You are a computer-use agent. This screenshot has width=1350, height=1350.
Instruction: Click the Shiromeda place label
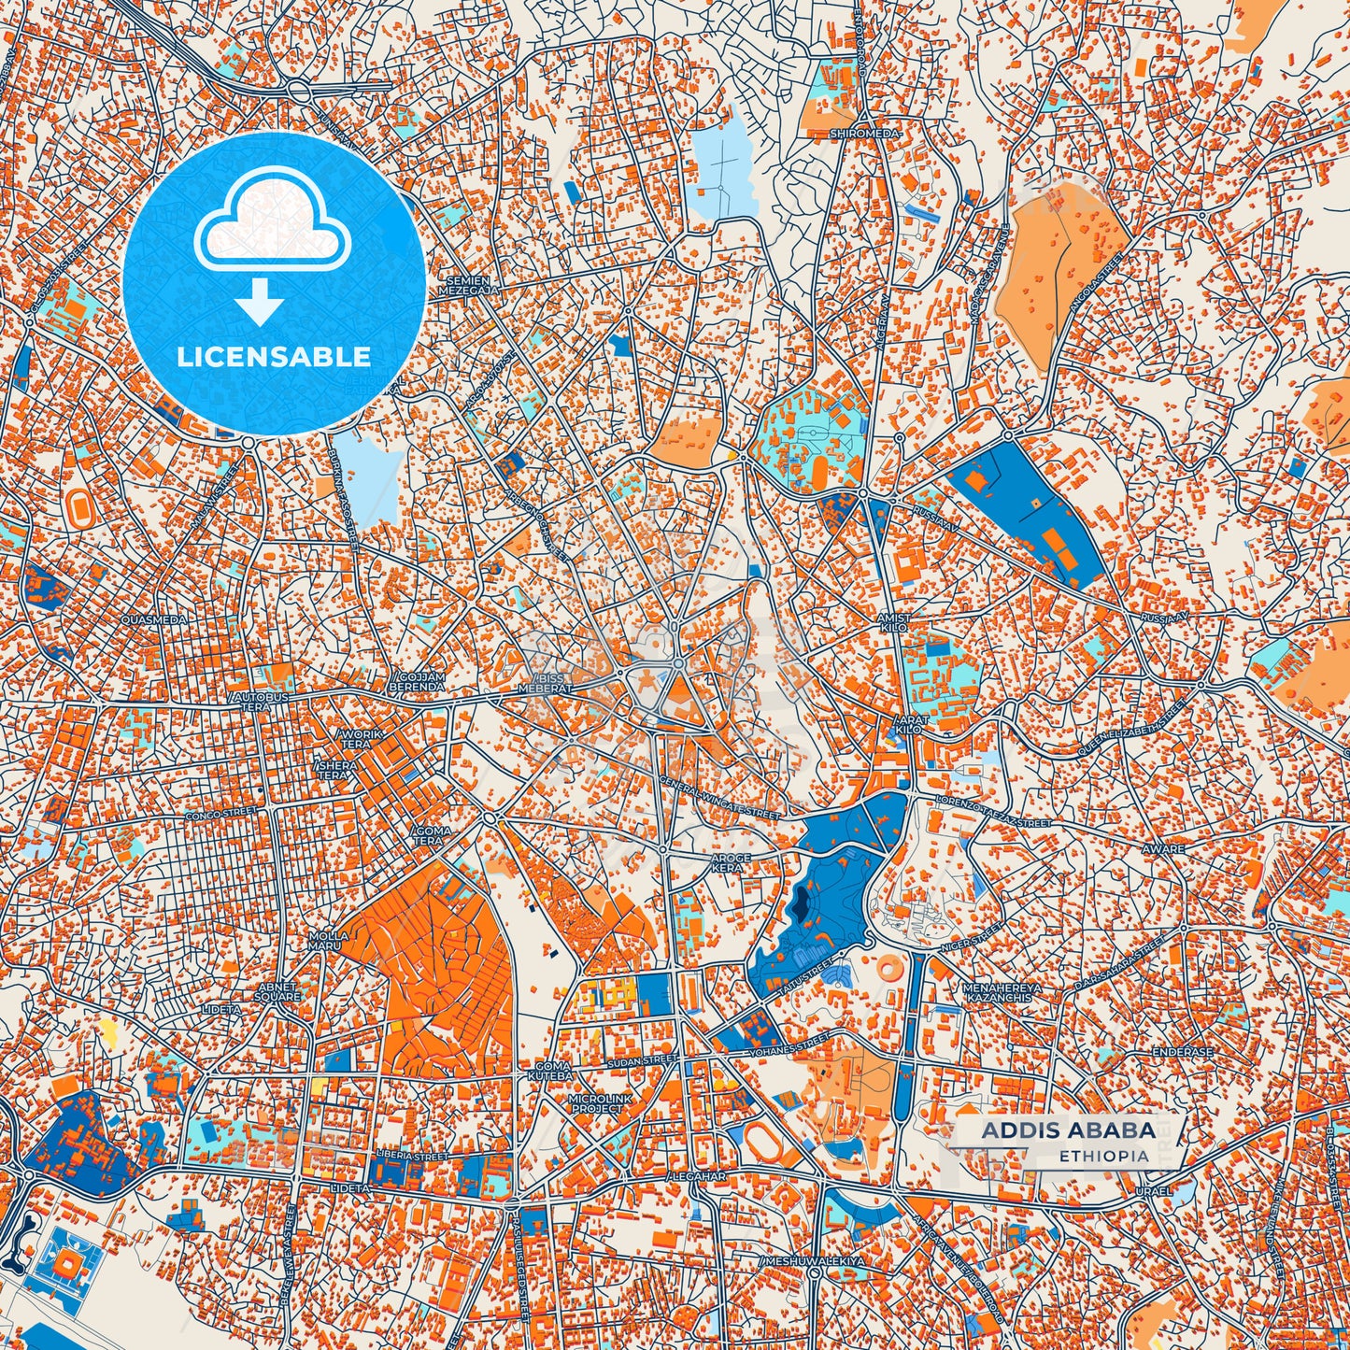coord(866,134)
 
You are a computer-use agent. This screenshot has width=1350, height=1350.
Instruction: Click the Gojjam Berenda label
coord(419,681)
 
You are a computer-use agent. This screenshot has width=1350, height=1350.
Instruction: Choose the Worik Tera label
coord(362,739)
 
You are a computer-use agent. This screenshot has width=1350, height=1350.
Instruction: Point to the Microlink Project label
coord(596,1102)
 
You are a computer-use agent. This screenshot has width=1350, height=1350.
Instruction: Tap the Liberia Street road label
coord(411,1156)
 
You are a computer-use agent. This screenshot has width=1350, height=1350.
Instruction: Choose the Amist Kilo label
coord(893,623)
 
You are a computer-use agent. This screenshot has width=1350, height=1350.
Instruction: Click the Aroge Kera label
coord(731,862)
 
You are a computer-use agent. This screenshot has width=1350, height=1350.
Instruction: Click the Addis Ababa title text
coord(1068,1130)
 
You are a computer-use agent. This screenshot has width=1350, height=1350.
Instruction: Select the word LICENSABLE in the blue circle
coord(274,357)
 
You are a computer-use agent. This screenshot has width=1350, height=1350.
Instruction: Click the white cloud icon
coord(272,222)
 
